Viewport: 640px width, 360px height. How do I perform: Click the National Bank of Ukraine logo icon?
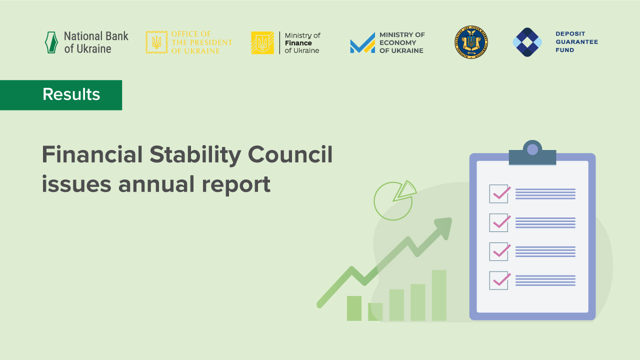pyautogui.click(x=51, y=42)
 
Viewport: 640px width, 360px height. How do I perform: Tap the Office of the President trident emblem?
pyautogui.click(x=156, y=42)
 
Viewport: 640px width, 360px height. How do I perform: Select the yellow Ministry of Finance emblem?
pyautogui.click(x=262, y=42)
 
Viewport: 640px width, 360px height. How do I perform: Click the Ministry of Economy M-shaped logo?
pyautogui.click(x=362, y=43)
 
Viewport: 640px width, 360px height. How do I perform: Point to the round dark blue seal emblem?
pyautogui.click(x=471, y=42)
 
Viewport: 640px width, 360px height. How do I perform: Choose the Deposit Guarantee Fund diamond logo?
pyautogui.click(x=527, y=42)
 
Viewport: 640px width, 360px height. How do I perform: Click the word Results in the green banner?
pyautogui.click(x=71, y=94)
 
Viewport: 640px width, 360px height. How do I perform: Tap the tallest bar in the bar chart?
pyautogui.click(x=439, y=295)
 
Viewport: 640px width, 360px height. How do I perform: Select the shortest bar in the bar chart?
pyautogui.click(x=375, y=311)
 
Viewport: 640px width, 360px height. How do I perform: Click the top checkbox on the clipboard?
pyautogui.click(x=498, y=193)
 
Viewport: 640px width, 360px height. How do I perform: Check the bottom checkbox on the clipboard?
pyautogui.click(x=498, y=280)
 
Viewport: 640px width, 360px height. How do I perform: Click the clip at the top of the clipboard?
pyautogui.click(x=532, y=153)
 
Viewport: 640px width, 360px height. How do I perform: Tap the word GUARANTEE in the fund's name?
pyautogui.click(x=576, y=42)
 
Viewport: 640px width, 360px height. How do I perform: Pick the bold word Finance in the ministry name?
pyautogui.click(x=298, y=43)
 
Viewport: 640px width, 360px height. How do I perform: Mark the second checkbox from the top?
pyautogui.click(x=498, y=222)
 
